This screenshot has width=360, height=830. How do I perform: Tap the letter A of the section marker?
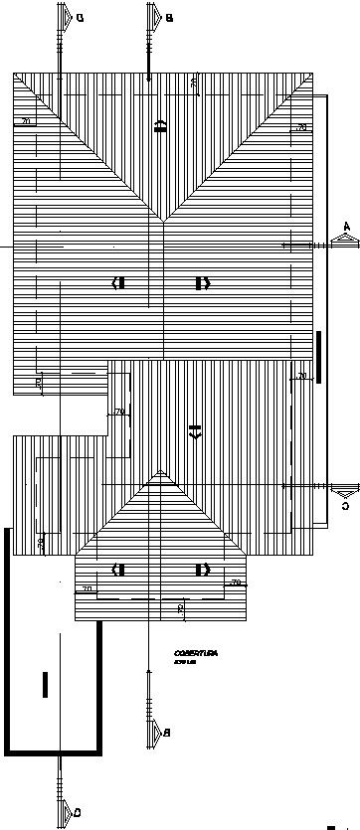[346, 227]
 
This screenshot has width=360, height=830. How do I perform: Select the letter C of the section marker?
[345, 506]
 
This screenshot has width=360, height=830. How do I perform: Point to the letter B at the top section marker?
[169, 18]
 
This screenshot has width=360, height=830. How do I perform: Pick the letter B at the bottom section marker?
[167, 733]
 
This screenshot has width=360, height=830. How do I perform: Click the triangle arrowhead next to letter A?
[344, 242]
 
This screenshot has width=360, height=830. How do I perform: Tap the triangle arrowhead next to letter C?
[344, 489]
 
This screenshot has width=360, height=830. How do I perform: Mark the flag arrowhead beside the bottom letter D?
[65, 814]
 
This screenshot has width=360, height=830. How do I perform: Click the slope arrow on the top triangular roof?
[160, 124]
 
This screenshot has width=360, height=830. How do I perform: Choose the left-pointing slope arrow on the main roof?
[119, 283]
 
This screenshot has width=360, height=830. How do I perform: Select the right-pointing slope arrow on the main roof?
[203, 283]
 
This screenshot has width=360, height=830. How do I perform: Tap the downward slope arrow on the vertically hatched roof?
[195, 430]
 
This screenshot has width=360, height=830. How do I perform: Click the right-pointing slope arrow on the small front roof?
[203, 570]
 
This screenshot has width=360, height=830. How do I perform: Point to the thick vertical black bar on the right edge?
[319, 356]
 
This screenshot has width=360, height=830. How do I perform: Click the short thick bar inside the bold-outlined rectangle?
[45, 685]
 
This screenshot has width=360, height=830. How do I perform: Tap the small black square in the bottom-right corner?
[330, 825]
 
